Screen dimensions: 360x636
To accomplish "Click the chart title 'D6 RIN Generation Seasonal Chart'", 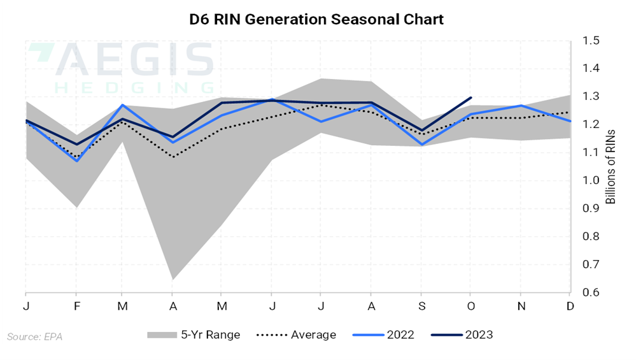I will tap(316, 19).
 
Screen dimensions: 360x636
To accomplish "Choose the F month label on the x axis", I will tap(77, 306).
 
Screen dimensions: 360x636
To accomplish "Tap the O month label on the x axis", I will tap(470, 306).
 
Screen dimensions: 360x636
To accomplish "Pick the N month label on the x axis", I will tap(520, 306).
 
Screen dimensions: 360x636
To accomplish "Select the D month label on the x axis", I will tap(570, 306).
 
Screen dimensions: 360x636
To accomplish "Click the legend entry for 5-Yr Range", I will tap(194, 335).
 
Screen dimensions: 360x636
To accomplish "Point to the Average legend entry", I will tap(295, 335).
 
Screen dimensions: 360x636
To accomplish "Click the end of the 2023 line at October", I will tap(470, 97).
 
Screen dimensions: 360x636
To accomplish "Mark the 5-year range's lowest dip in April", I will tap(173, 279).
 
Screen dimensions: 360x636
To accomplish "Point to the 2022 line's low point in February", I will tap(77, 161).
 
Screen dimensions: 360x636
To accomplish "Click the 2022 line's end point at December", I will tap(570, 121).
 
